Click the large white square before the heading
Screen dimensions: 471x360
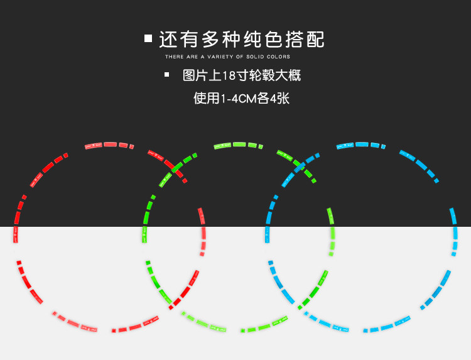148,38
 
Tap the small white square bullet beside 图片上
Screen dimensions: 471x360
166,75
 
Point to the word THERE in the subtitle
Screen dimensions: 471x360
174,57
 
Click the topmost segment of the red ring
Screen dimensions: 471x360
110,145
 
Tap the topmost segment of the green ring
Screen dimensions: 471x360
240,145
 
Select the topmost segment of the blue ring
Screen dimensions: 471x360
362,145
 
